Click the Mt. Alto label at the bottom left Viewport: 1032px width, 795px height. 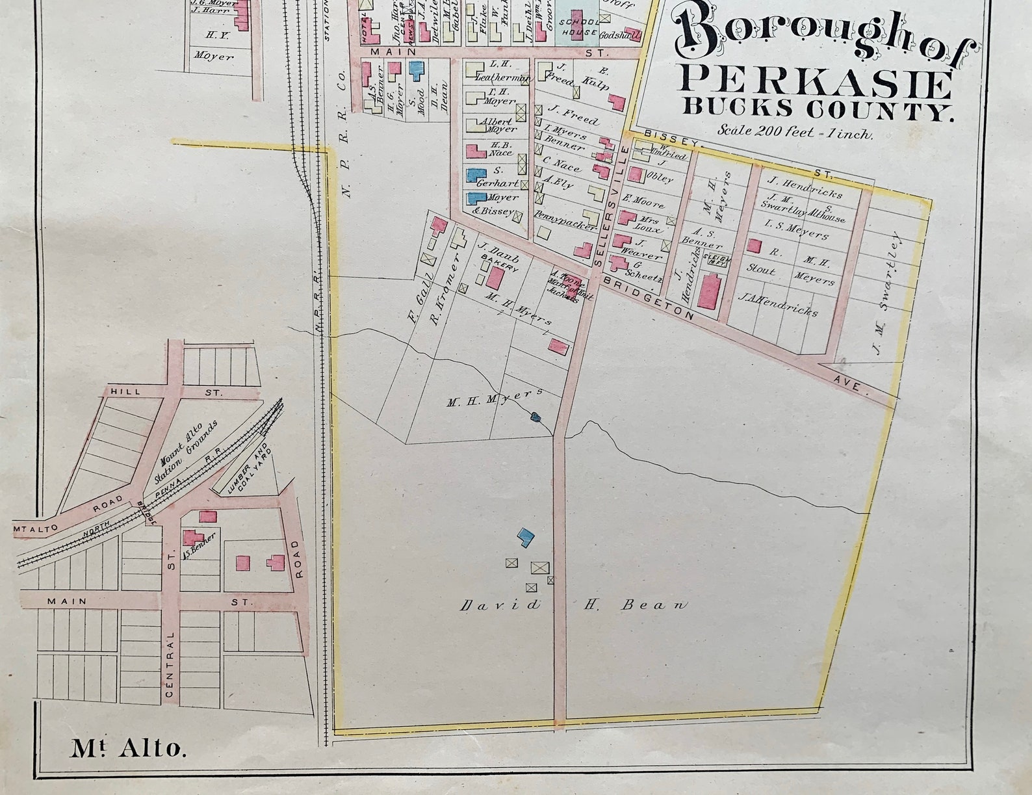[x=127, y=748]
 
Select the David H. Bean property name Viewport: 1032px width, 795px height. [x=574, y=606]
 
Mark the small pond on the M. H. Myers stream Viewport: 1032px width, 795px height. [x=536, y=417]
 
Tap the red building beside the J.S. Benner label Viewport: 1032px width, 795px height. [x=190, y=538]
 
